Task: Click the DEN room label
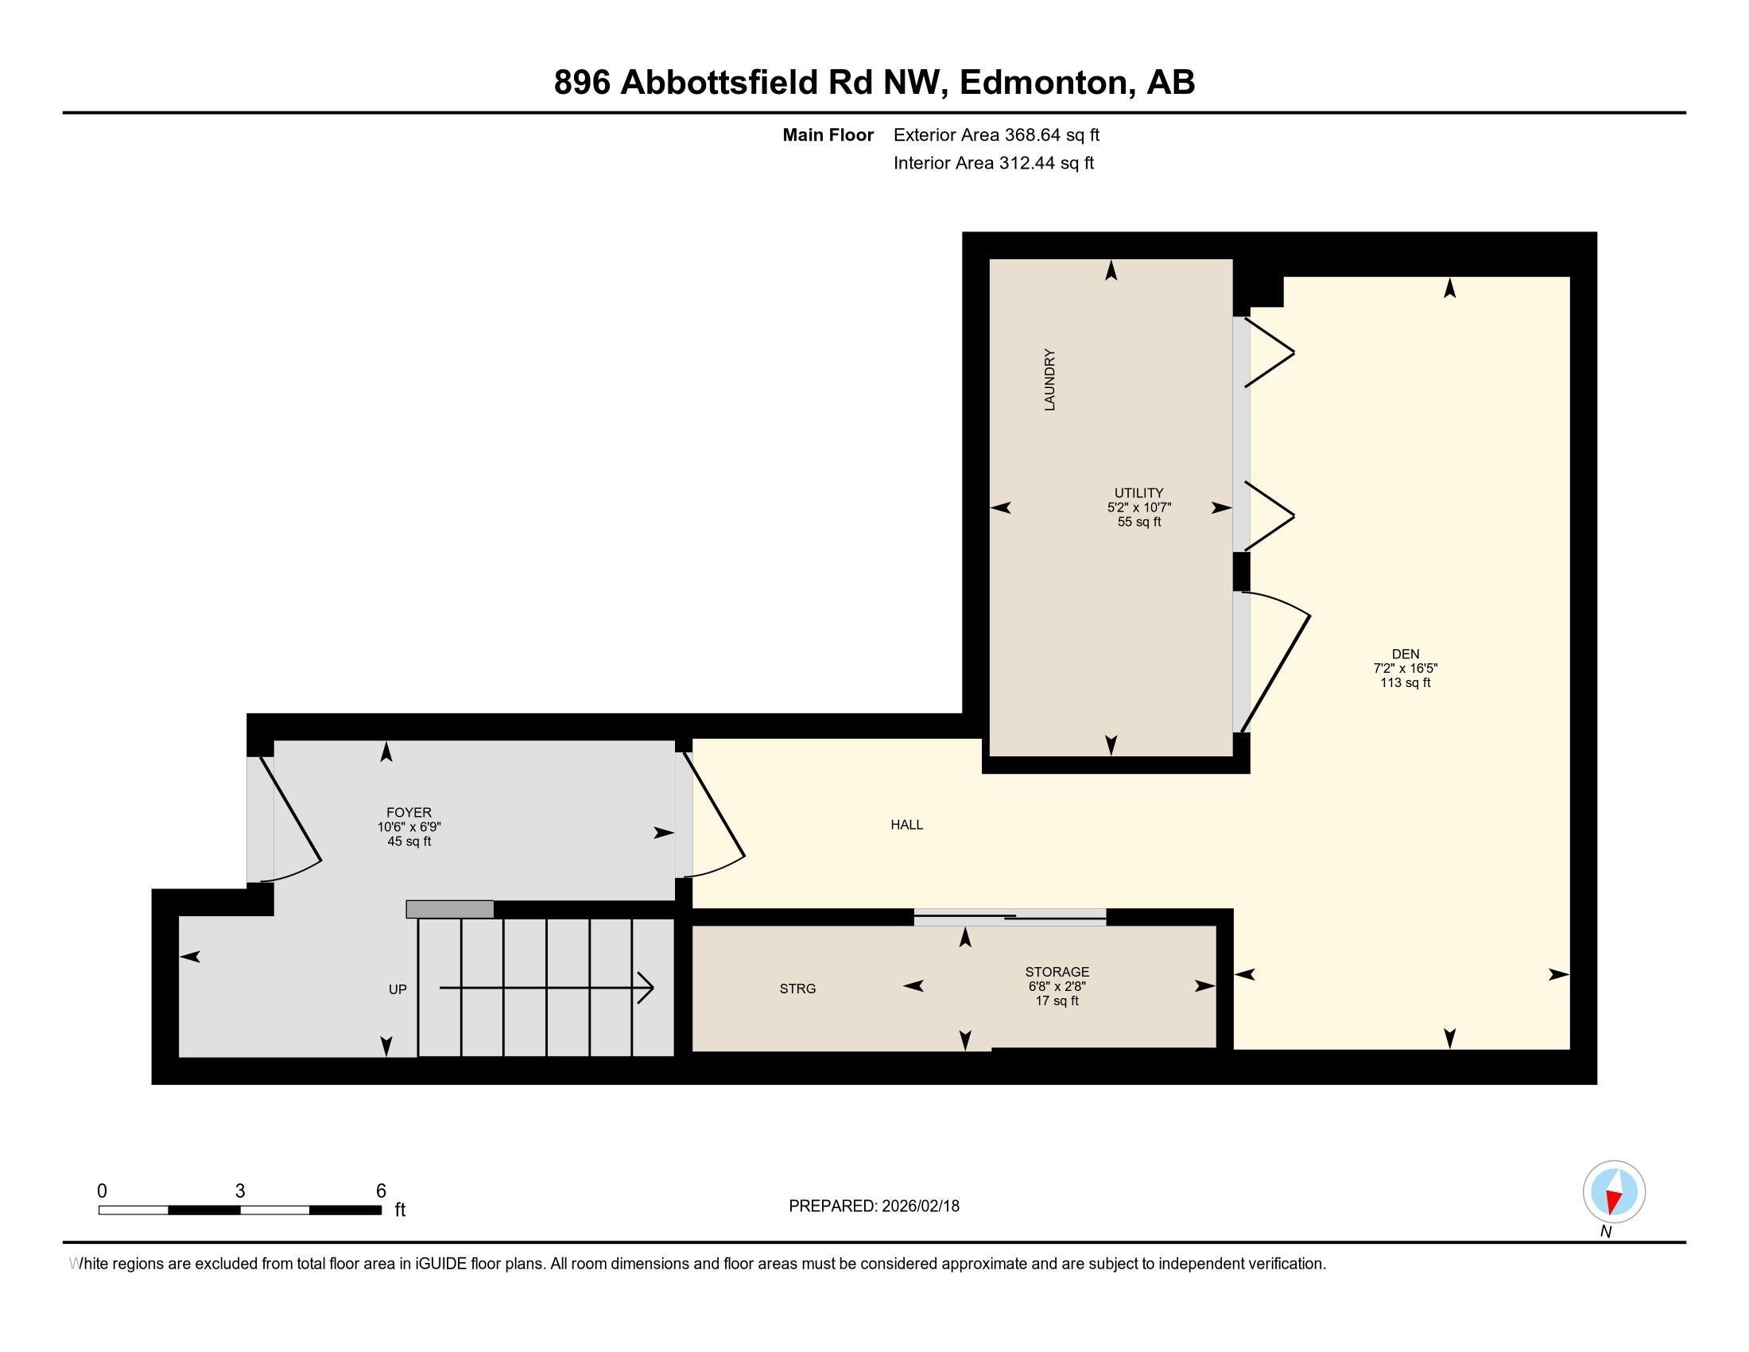1405,654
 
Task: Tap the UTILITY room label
1138,492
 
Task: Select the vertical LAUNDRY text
1049,379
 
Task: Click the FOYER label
409,812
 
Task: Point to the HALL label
906,824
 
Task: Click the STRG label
797,989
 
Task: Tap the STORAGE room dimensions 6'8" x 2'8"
1057,987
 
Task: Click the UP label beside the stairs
397,989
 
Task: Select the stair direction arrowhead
647,988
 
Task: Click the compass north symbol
1614,1191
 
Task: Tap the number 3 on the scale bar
239,1191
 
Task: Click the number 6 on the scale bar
381,1191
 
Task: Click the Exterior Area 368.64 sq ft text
996,134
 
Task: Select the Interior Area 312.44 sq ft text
993,162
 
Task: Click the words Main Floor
828,134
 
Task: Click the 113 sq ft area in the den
1405,682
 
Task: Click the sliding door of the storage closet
1010,917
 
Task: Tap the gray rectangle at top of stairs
449,909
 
